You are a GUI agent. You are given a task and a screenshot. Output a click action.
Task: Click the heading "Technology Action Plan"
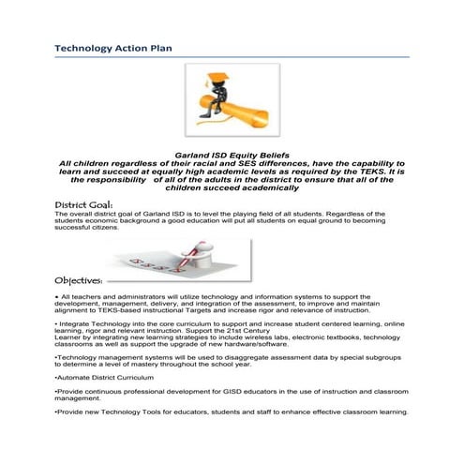112,47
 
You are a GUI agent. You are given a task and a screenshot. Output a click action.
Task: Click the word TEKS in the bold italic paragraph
370,172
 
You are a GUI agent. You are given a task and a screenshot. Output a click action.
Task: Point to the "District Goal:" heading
83,204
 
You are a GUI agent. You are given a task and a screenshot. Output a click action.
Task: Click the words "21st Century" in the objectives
347,329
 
